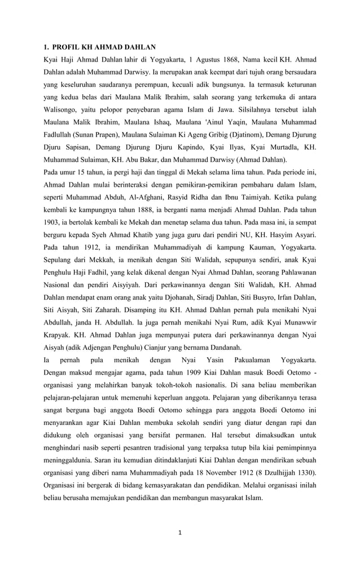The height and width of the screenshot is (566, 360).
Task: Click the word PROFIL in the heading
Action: (x=69, y=46)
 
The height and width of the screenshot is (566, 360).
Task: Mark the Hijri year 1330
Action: (x=303, y=472)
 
